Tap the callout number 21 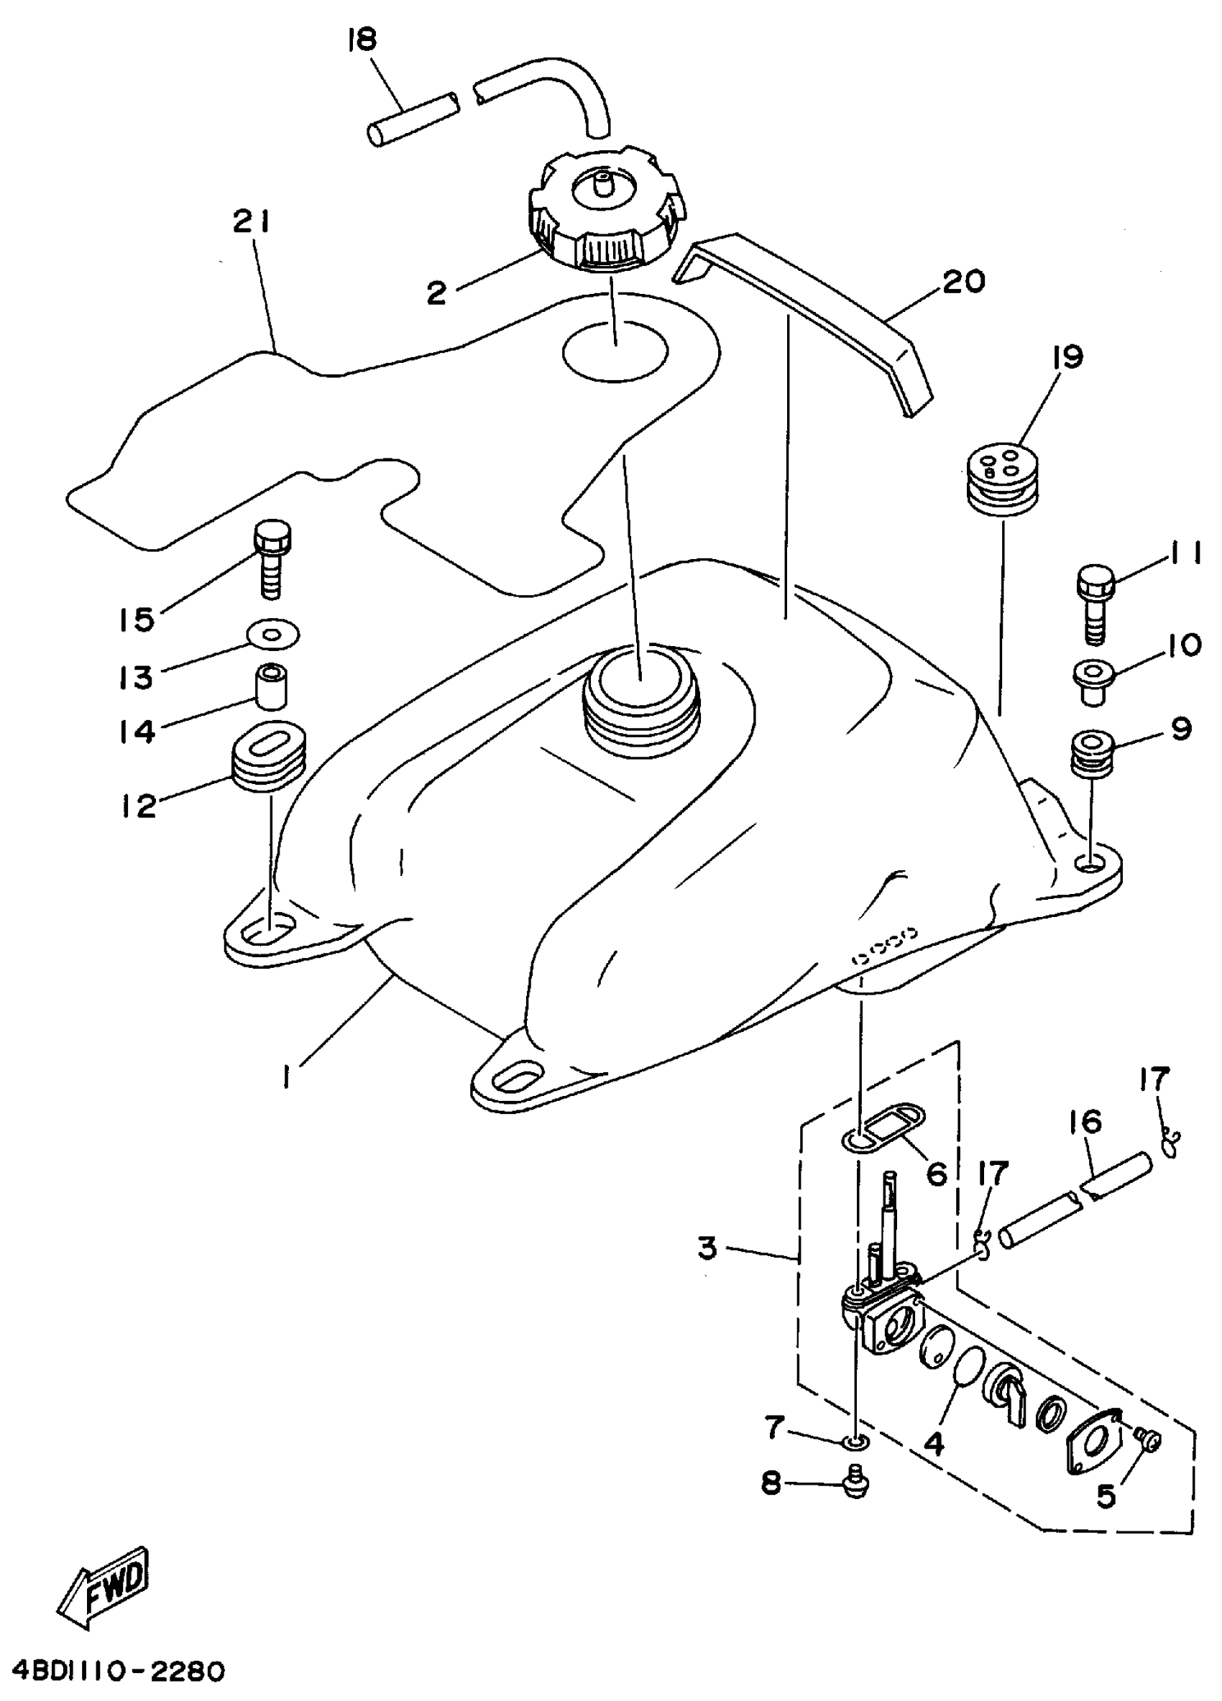251,223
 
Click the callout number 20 963,282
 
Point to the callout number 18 362,40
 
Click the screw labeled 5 1149,1438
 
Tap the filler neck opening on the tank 640,686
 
